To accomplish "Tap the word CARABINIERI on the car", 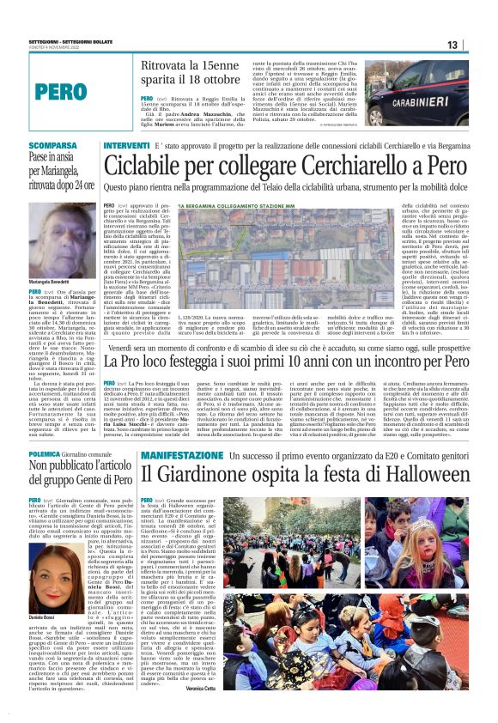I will point(426,100).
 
